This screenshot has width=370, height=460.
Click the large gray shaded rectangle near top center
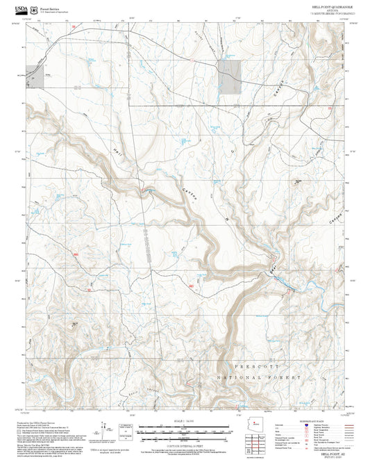tap(230, 76)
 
